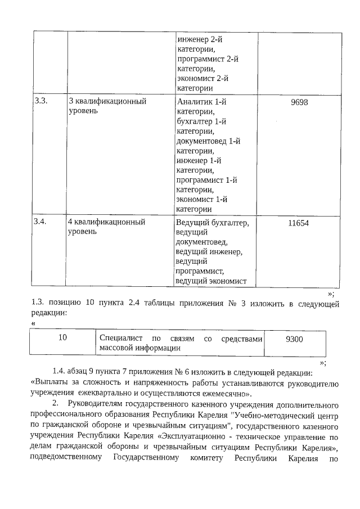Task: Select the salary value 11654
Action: pyautogui.click(x=298, y=223)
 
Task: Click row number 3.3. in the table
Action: pyautogui.click(x=40, y=101)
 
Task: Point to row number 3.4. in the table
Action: pyautogui.click(x=40, y=222)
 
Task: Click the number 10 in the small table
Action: pyautogui.click(x=63, y=339)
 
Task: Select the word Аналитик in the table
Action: pyautogui.click(x=193, y=102)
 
